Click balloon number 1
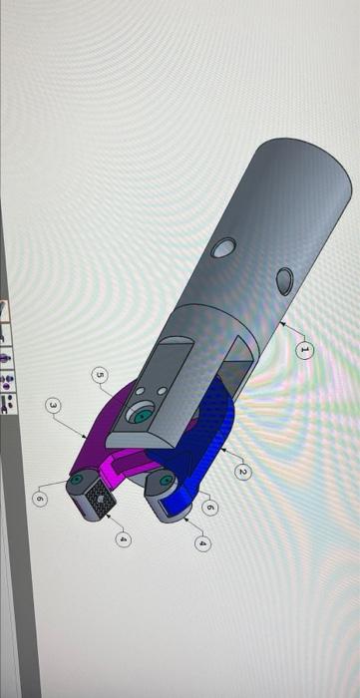[x=306, y=349]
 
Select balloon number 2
[x=242, y=469]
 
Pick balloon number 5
[x=99, y=375]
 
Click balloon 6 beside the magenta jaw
[x=39, y=497]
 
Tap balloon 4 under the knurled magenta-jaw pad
[x=124, y=538]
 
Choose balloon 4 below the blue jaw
[x=203, y=543]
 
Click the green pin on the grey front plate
[x=144, y=413]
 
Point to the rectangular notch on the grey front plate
[x=173, y=352]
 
